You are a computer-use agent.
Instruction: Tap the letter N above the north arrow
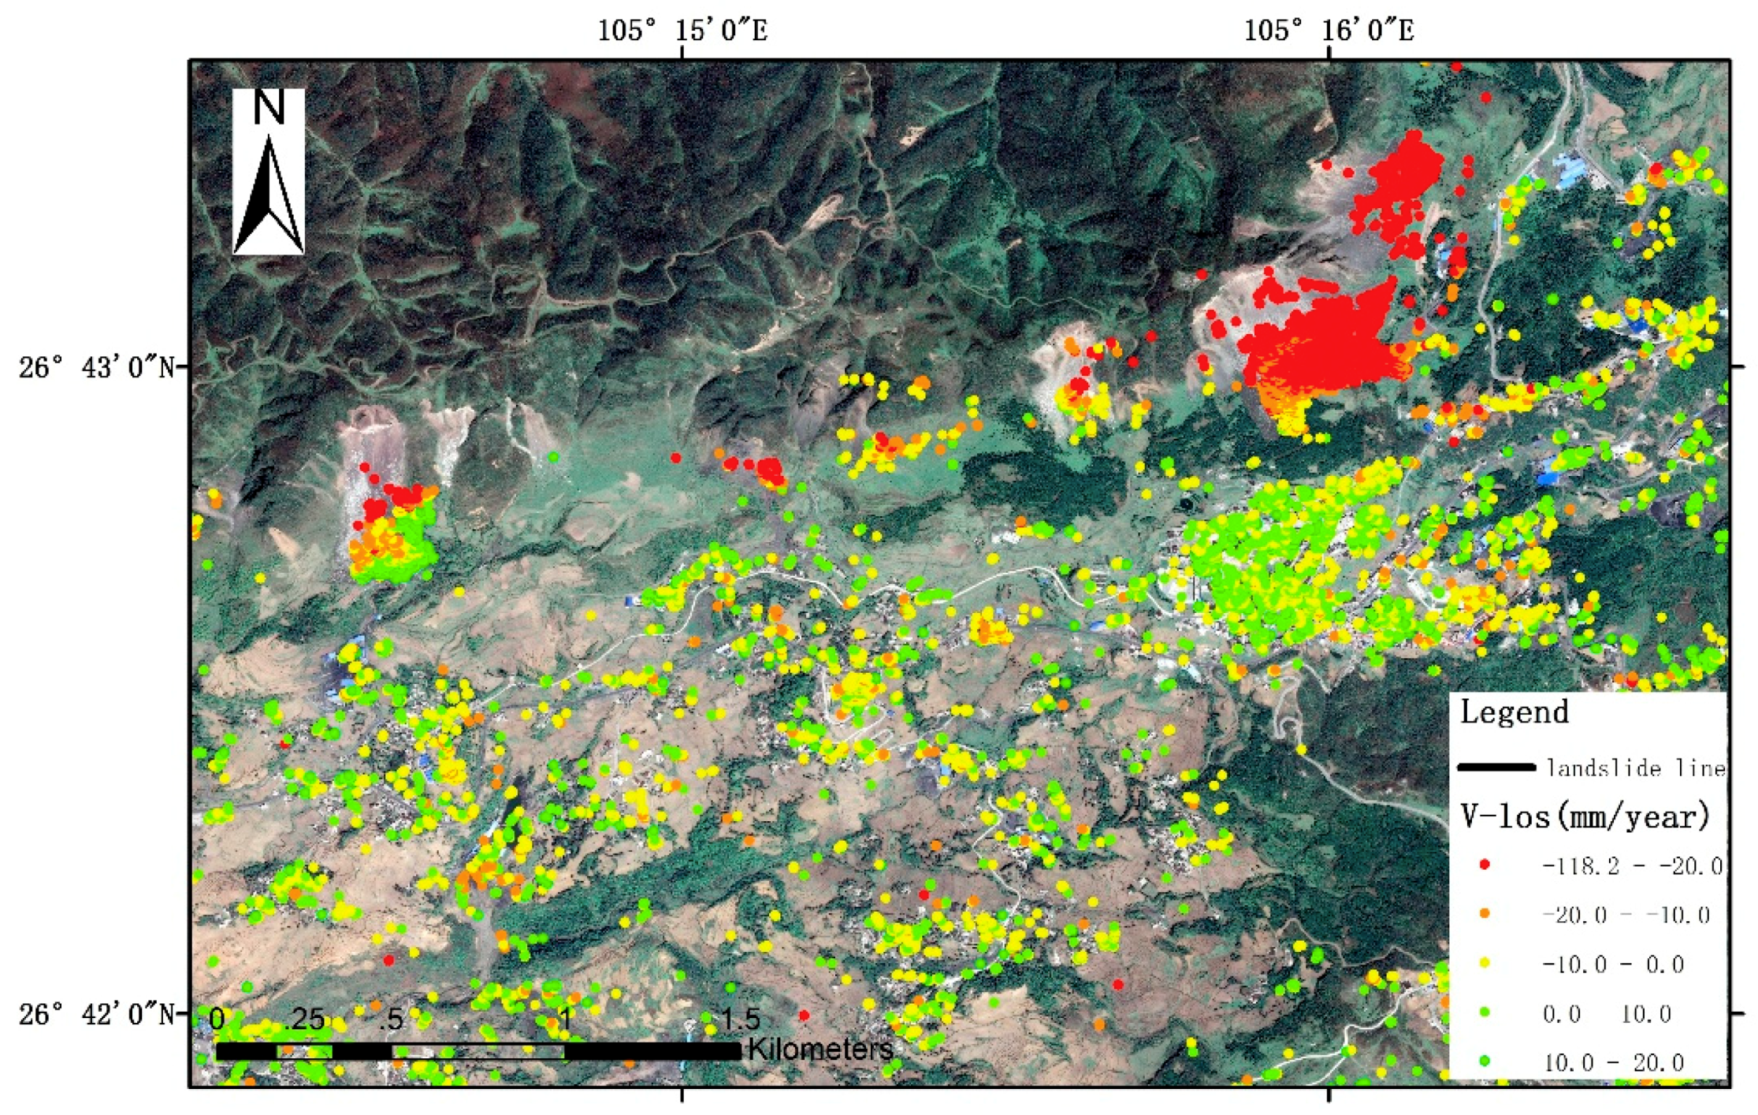tap(269, 107)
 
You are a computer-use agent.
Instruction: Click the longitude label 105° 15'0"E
tap(682, 31)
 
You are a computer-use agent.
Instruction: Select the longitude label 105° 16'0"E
tap(1329, 31)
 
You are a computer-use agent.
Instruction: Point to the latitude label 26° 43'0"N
tap(96, 367)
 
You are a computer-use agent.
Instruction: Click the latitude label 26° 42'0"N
tap(96, 1013)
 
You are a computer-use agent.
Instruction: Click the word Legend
tap(1514, 712)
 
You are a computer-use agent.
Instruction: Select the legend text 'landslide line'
tap(1635, 767)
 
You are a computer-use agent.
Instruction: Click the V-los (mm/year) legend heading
tap(1585, 816)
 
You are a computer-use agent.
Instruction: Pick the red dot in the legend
tap(1485, 864)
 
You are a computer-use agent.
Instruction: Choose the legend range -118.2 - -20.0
tap(1632, 866)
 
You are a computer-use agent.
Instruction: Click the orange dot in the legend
tap(1485, 913)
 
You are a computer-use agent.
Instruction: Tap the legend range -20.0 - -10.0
tap(1626, 915)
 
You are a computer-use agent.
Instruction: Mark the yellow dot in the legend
tap(1485, 963)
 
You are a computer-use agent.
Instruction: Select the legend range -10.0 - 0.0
tap(1612, 964)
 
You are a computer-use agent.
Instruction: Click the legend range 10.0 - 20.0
tap(1612, 1063)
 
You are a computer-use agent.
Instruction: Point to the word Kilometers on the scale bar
tap(820, 1050)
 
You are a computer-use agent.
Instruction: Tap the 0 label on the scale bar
tap(217, 1020)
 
